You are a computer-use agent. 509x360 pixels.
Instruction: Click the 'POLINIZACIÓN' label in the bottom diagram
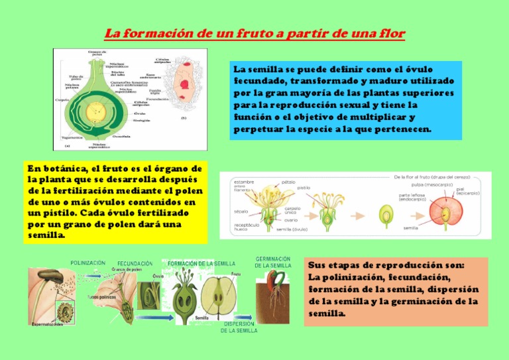tap(87, 263)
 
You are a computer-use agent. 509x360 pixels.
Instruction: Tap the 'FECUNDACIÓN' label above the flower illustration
tap(135, 263)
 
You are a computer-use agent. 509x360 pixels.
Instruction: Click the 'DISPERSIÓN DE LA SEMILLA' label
tap(240, 327)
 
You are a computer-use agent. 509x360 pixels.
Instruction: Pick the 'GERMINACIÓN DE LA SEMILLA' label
tap(272, 262)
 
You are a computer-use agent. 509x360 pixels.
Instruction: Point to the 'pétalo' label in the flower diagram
tap(288, 181)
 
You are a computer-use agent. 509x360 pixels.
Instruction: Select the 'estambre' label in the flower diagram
tap(243, 181)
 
